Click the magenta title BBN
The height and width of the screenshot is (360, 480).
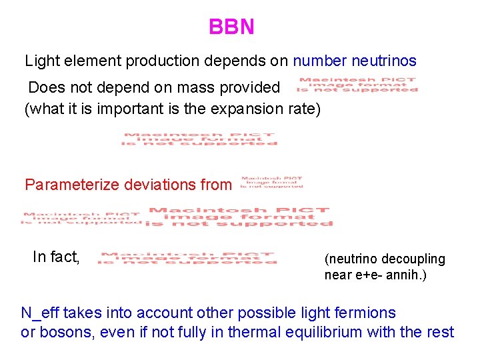point(231,27)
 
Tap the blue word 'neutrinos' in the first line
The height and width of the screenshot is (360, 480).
point(385,61)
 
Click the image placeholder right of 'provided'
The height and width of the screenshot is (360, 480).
point(357,85)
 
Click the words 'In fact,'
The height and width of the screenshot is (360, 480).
point(57,257)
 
